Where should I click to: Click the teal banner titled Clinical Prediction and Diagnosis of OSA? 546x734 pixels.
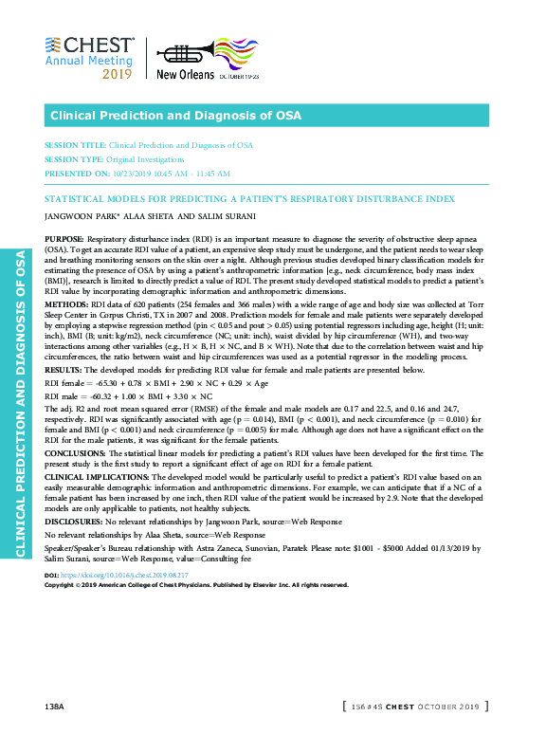tap(266, 116)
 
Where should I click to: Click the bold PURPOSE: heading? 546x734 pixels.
tap(64, 241)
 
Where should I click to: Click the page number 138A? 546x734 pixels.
tap(54, 707)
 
